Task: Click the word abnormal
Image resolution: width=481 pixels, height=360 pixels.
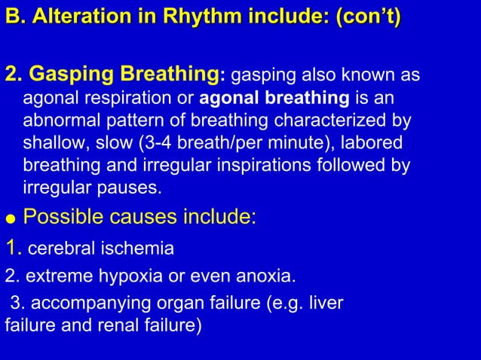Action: click(57, 121)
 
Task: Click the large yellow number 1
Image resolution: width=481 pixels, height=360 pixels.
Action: click(11, 247)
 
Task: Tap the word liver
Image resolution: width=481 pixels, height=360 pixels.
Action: click(326, 303)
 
